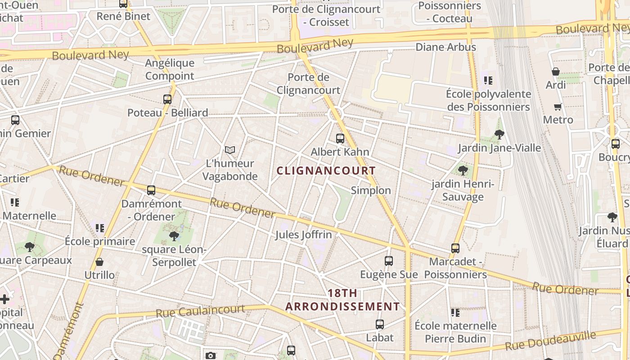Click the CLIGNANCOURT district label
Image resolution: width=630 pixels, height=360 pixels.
326,171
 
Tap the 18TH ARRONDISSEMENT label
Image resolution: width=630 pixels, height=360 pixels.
342,300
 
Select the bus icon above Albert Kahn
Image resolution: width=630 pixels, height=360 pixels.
340,139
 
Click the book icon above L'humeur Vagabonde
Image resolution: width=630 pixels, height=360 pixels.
230,150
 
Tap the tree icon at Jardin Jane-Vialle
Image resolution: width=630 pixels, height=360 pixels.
499,134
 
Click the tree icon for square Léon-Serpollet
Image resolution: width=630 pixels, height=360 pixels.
174,236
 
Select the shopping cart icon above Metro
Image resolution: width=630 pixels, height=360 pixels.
558,107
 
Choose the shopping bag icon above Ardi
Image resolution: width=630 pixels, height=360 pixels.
556,72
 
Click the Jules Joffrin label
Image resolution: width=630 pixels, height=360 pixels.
303,234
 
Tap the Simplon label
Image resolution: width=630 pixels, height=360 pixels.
371,190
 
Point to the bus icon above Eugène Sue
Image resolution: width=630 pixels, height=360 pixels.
389,261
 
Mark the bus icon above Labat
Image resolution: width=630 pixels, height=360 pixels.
380,324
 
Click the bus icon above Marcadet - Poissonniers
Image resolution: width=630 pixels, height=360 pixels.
455,248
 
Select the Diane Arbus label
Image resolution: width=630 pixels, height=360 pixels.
445,47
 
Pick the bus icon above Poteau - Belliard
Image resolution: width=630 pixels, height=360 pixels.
167,99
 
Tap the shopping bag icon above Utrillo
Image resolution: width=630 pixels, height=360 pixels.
99,262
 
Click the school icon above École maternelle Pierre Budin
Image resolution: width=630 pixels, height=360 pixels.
455,312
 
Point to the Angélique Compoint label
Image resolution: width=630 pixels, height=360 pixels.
170,69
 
